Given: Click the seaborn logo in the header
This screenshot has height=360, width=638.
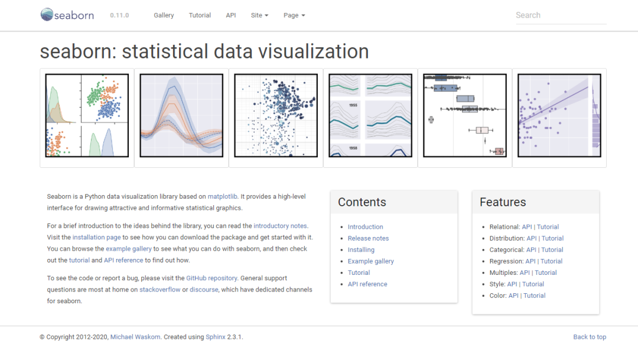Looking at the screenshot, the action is [67, 15].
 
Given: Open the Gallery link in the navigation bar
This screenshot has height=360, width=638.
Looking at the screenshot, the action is [164, 15].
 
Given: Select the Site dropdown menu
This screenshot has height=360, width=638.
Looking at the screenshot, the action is [259, 15].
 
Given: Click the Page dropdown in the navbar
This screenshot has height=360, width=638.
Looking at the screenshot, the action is [294, 15].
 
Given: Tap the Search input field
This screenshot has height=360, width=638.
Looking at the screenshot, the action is [561, 15].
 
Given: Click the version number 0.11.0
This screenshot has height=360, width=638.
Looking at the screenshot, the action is [119, 15].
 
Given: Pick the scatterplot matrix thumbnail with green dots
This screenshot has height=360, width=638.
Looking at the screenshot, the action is [87, 115].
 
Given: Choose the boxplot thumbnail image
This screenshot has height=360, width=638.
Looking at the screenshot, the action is [465, 115].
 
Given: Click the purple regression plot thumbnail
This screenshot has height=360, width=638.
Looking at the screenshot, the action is [559, 115].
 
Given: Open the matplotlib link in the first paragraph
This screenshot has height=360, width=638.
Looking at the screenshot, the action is [222, 196].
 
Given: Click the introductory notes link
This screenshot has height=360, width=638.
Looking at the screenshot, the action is [280, 226].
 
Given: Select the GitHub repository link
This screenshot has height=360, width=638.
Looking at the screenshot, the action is [211, 278].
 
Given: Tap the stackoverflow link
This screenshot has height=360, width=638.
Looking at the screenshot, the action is [160, 290].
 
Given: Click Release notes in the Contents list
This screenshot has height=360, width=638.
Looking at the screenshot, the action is [368, 238].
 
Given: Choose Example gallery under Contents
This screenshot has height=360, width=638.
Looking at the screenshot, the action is [370, 261].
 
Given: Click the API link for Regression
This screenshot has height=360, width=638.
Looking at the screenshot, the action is [530, 261].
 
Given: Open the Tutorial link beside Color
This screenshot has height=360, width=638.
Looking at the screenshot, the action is [534, 295].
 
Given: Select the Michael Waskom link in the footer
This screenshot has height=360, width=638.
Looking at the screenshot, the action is [135, 337].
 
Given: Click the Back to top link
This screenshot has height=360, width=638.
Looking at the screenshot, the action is [590, 337].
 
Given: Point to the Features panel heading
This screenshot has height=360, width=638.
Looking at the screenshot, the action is [503, 202].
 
